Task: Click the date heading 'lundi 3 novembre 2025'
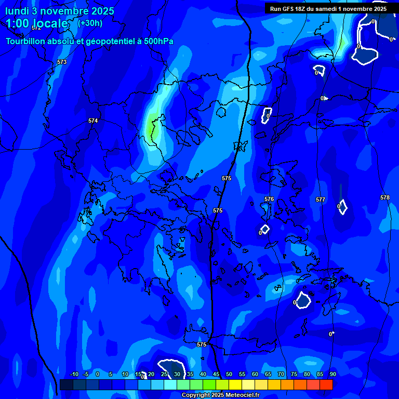tap(60, 11)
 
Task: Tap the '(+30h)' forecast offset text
tap(90, 23)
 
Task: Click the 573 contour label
tap(62, 62)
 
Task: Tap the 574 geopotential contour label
tap(93, 121)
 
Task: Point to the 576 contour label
tap(269, 199)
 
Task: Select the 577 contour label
tap(321, 199)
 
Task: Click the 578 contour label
tap(384, 197)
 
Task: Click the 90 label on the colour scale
tap(332, 374)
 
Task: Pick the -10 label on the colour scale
tap(74, 374)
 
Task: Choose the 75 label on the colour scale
tap(294, 374)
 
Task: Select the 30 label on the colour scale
tap(177, 374)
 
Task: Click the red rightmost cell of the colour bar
tap(326, 384)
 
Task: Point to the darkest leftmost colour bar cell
tap(66, 384)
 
